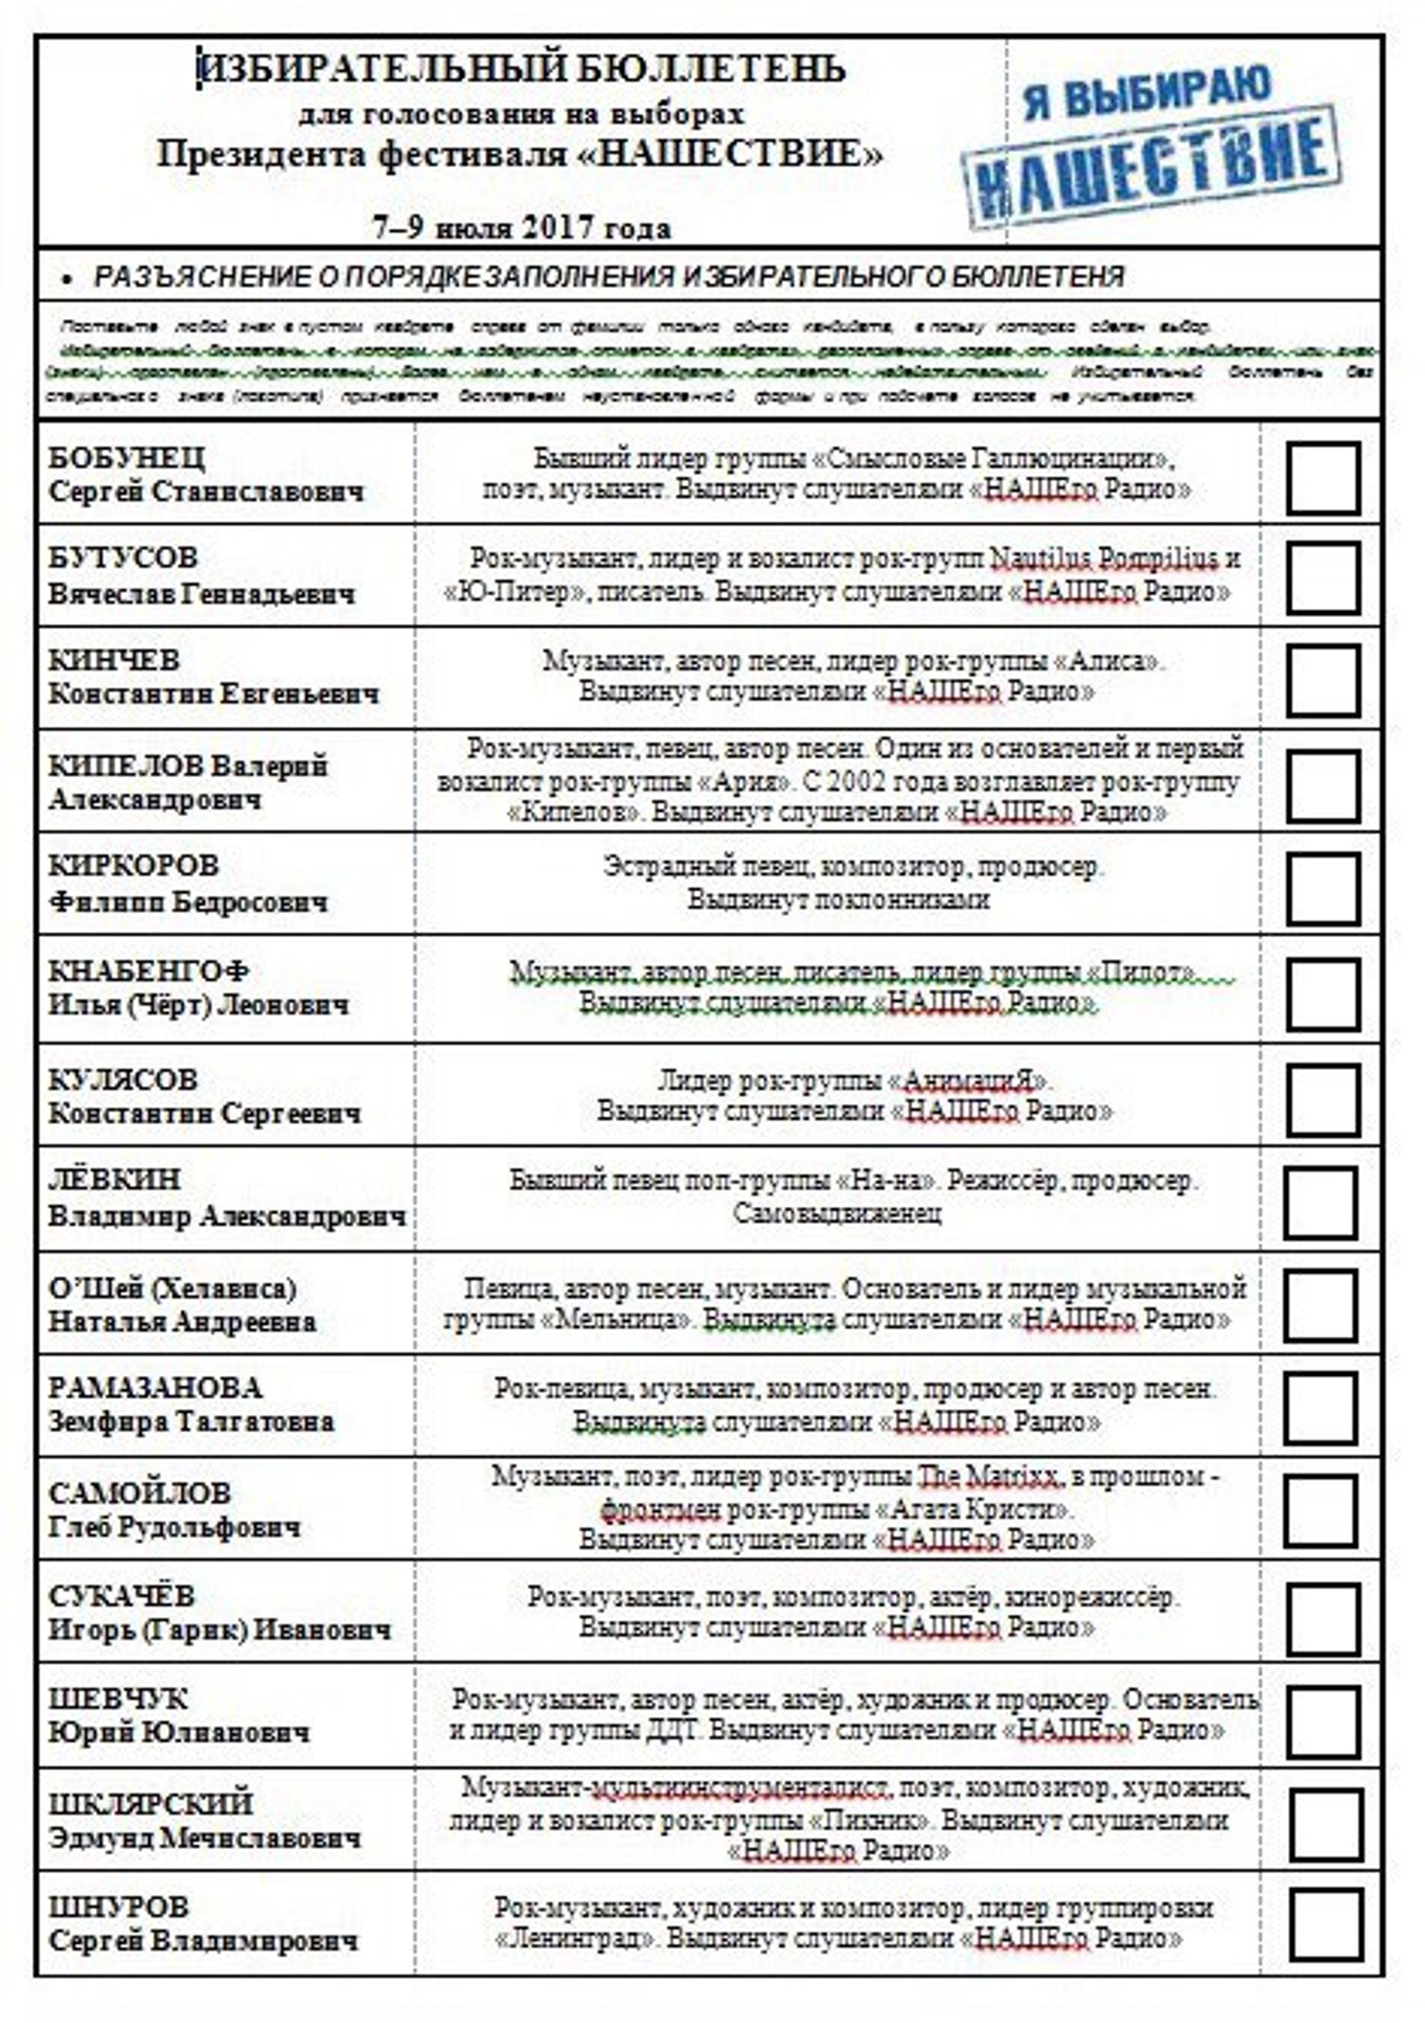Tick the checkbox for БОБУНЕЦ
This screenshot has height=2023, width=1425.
pyautogui.click(x=1322, y=477)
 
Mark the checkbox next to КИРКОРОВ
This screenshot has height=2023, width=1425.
pyautogui.click(x=1322, y=887)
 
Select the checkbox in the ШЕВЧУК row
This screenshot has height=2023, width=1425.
pyautogui.click(x=1322, y=1721)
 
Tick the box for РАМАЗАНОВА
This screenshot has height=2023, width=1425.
pyautogui.click(x=1320, y=1407)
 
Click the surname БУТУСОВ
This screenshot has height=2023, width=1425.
pyautogui.click(x=123, y=558)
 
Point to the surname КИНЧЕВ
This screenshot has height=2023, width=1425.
pyautogui.click(x=114, y=660)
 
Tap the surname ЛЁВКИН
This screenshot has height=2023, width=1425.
pyautogui.click(x=114, y=1179)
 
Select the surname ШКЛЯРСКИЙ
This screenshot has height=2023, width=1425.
pyautogui.click(x=151, y=1803)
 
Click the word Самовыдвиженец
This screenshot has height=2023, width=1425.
pyautogui.click(x=837, y=1213)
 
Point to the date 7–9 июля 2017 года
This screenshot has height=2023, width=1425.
pyautogui.click(x=522, y=228)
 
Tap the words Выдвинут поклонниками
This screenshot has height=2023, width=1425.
pyautogui.click(x=838, y=899)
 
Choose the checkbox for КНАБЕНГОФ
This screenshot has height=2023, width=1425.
pyautogui.click(x=1322, y=993)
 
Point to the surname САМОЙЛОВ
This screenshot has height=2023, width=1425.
pyautogui.click(x=140, y=1493)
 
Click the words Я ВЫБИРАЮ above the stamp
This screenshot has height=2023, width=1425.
pyautogui.click(x=1147, y=93)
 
